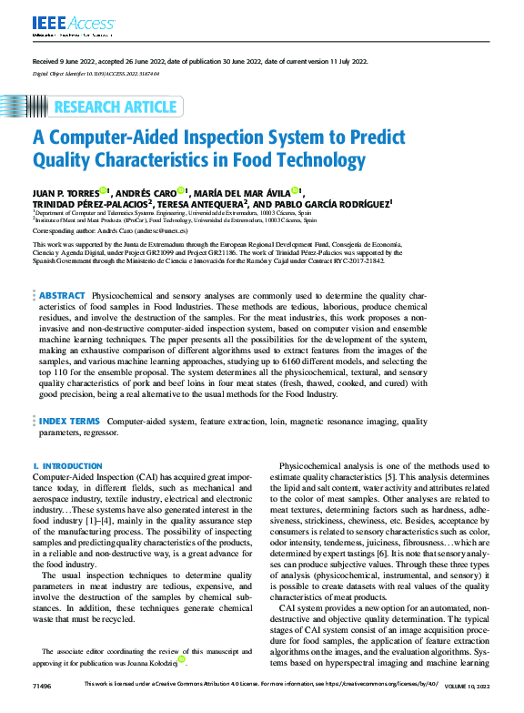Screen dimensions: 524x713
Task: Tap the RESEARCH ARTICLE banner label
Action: tap(113, 107)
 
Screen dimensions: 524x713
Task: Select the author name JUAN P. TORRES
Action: tap(65, 192)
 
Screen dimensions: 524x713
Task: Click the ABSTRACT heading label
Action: tap(62, 296)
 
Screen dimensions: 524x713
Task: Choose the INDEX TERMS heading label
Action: tap(69, 422)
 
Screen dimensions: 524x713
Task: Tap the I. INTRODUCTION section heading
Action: tap(67, 466)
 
